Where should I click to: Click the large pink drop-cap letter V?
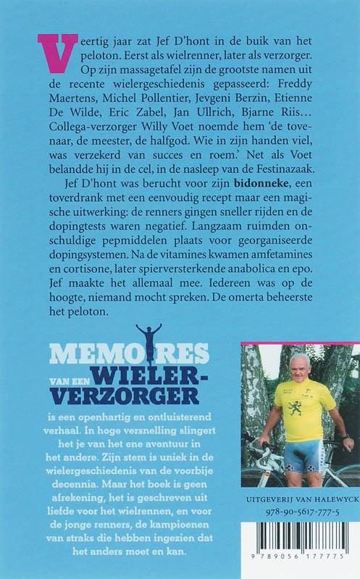click(58, 54)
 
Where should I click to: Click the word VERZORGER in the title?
click(124, 395)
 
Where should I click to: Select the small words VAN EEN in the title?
click(72, 376)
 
